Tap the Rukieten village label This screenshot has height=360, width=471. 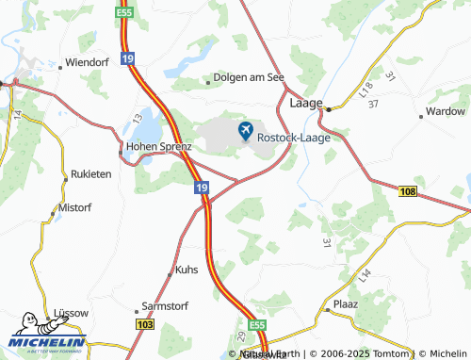(91, 175)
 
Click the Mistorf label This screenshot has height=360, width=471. (76, 205)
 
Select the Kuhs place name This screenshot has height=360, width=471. (187, 270)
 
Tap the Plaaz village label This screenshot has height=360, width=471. (346, 305)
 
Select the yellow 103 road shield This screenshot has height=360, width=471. (144, 324)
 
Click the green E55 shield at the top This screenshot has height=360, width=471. (123, 12)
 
